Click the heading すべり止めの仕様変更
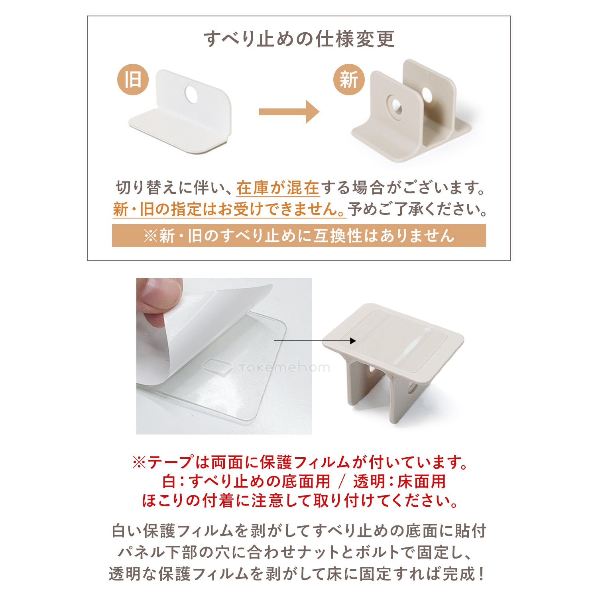pos(299,39)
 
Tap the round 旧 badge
pos(133,79)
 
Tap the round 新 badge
pos(349,79)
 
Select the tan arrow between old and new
pos(289,112)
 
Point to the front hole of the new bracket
pos(396,106)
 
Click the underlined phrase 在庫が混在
pos(278,188)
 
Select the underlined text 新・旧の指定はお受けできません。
pos(229,209)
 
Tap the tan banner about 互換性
pos(299,236)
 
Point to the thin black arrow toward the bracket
pos(315,341)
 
